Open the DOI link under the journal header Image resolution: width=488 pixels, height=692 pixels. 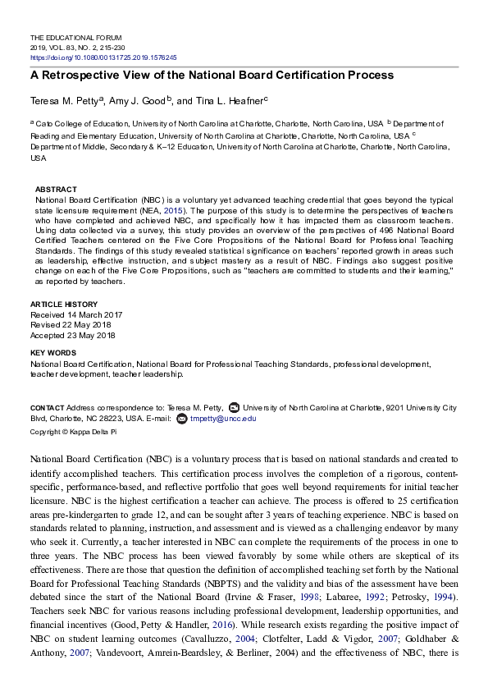click(x=103, y=58)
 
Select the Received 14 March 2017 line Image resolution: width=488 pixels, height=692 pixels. click(x=77, y=314)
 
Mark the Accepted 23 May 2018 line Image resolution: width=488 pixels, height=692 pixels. click(x=73, y=335)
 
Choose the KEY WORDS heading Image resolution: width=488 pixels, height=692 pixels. click(x=54, y=353)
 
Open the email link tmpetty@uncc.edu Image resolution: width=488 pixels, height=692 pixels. click(x=223, y=418)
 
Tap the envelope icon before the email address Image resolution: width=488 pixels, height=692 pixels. click(x=182, y=418)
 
